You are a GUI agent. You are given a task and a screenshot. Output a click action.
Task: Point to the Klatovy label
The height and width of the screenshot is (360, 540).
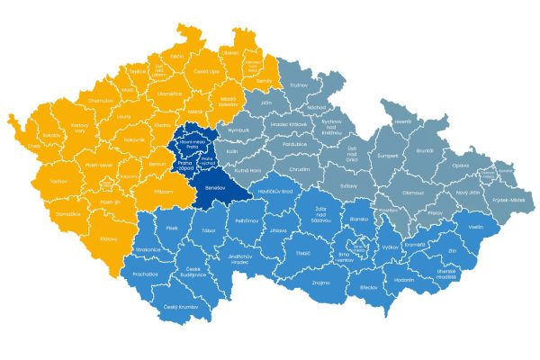(x=109, y=239)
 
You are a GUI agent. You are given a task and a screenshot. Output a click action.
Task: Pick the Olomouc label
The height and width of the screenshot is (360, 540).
(x=413, y=192)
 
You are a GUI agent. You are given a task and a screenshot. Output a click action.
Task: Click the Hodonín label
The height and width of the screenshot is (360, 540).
(x=404, y=280)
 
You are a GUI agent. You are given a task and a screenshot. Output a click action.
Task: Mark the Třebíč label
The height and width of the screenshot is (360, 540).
(x=301, y=254)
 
